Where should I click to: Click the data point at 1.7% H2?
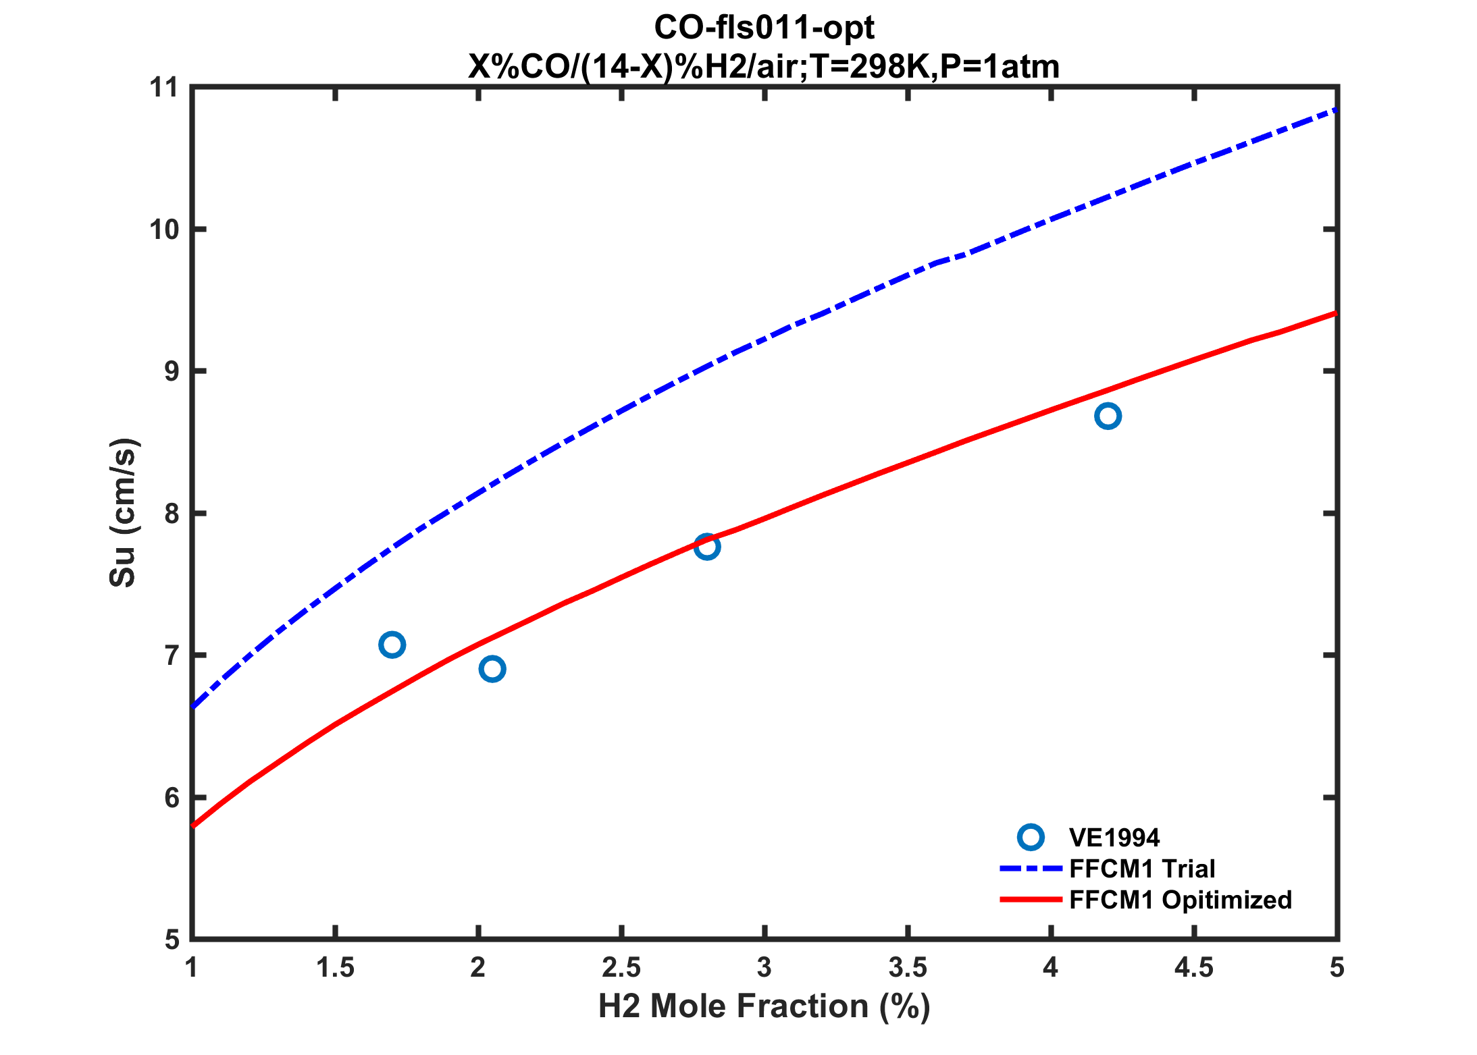(x=392, y=645)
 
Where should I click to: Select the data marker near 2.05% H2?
(x=492, y=669)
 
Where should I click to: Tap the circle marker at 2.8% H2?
(x=706, y=546)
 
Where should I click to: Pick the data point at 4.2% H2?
(x=1108, y=416)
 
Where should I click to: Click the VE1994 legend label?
(x=1114, y=838)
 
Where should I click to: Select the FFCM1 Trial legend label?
(x=1142, y=869)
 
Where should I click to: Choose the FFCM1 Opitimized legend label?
(x=1180, y=900)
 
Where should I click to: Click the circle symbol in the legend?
(x=1031, y=838)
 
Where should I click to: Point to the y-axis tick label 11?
(x=163, y=88)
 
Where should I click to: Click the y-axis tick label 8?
(x=172, y=514)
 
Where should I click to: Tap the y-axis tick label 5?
(x=172, y=940)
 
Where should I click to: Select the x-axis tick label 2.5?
(x=621, y=968)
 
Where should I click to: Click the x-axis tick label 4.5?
(x=1194, y=968)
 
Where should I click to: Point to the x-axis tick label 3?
(x=765, y=968)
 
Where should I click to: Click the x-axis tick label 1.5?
(x=336, y=968)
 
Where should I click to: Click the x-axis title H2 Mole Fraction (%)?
(x=765, y=1006)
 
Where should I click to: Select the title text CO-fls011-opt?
(x=765, y=28)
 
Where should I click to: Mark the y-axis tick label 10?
(x=163, y=229)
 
